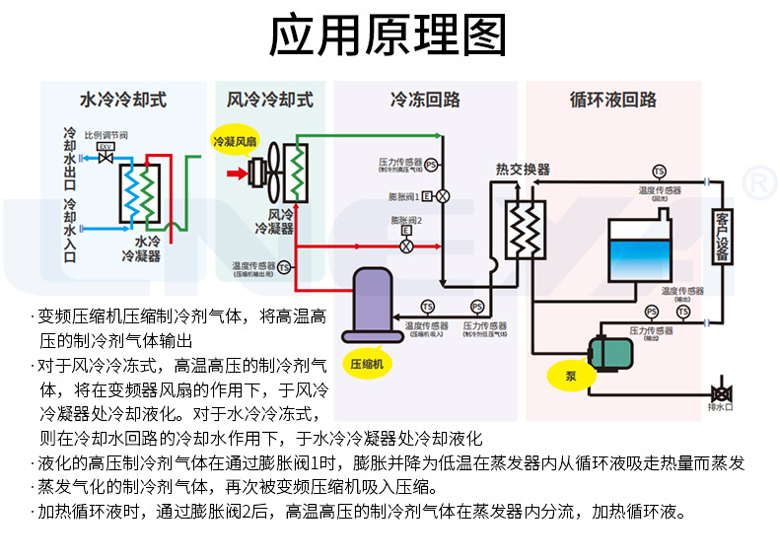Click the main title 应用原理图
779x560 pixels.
click(x=389, y=35)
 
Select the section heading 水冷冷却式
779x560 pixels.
click(x=123, y=100)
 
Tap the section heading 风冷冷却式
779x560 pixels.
click(x=270, y=100)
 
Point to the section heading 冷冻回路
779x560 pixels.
click(x=425, y=100)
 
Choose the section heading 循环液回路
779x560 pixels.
click(x=612, y=100)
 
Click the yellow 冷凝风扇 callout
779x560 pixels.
click(x=235, y=142)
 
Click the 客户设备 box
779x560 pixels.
click(x=723, y=236)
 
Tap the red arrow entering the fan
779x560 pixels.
click(x=237, y=175)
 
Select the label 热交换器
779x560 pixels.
click(x=523, y=170)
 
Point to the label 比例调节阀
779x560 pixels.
click(x=106, y=134)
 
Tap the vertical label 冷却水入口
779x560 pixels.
click(x=69, y=230)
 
